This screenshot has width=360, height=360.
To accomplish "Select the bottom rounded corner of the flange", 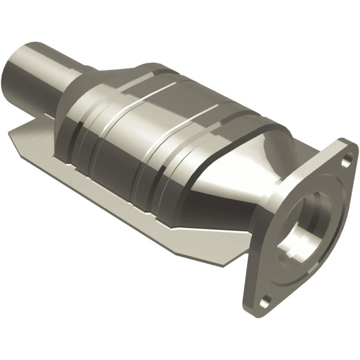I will [x=265, y=310].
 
